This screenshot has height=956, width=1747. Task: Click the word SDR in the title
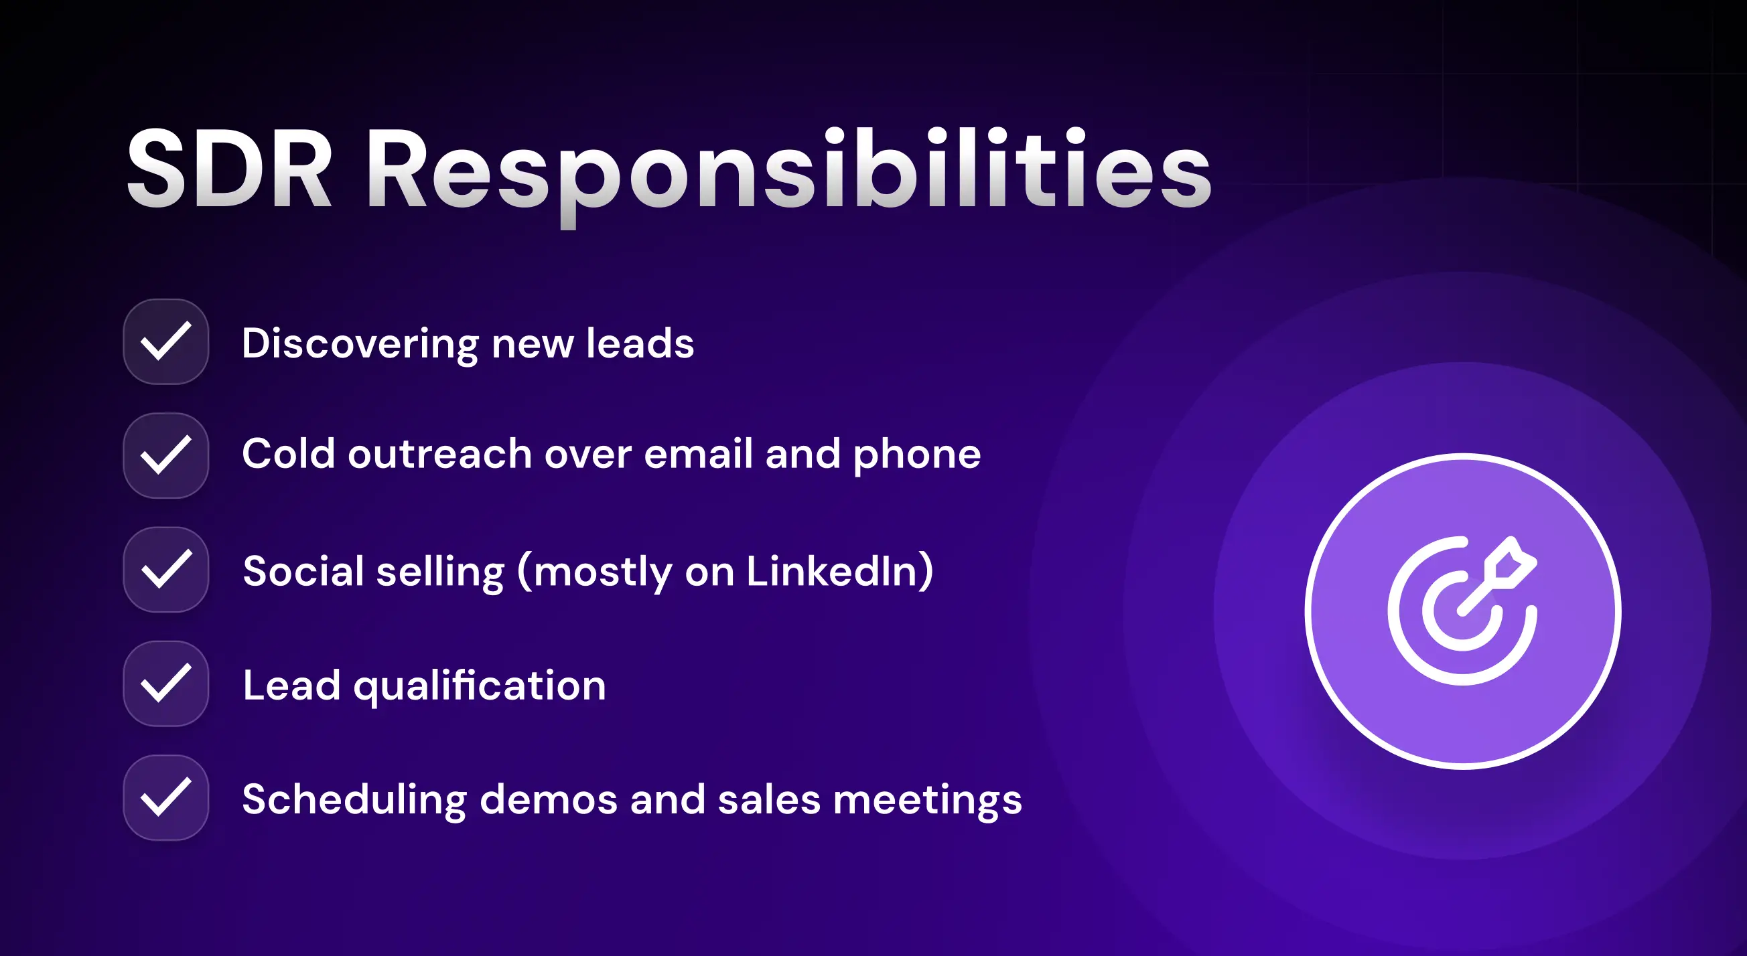pyautogui.click(x=229, y=169)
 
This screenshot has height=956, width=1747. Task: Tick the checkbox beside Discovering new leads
pyautogui.click(x=165, y=341)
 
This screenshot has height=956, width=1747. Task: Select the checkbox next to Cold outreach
pyautogui.click(x=165, y=456)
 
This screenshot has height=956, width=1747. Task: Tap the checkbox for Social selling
pyautogui.click(x=165, y=570)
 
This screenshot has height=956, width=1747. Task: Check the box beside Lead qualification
pyautogui.click(x=165, y=684)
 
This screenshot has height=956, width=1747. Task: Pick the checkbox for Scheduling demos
pyautogui.click(x=165, y=797)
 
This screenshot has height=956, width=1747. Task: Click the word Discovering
pyautogui.click(x=360, y=343)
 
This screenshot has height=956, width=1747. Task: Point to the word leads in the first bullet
pyautogui.click(x=640, y=343)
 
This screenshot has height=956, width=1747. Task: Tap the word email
pyautogui.click(x=698, y=454)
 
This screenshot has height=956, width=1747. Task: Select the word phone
pyautogui.click(x=916, y=455)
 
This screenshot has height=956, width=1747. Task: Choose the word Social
pyautogui.click(x=303, y=571)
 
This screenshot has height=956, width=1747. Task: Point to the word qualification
pyautogui.click(x=480, y=686)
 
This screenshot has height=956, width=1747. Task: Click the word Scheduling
pyautogui.click(x=354, y=800)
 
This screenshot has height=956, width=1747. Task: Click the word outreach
pyautogui.click(x=439, y=454)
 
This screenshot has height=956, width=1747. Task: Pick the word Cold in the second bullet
pyautogui.click(x=288, y=454)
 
